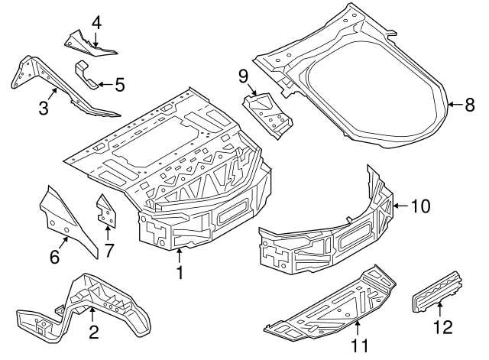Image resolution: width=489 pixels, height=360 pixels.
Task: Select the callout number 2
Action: click(x=93, y=332)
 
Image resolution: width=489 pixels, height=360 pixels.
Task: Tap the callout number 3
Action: click(x=43, y=108)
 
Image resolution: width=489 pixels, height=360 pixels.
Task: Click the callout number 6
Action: click(x=54, y=258)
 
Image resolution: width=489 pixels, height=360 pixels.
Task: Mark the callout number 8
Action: click(x=470, y=105)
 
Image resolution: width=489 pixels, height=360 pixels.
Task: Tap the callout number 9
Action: click(x=244, y=76)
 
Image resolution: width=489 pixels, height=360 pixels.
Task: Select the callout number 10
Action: click(x=420, y=206)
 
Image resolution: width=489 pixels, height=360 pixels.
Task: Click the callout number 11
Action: click(x=358, y=345)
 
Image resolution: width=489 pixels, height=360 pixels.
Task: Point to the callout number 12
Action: click(x=442, y=327)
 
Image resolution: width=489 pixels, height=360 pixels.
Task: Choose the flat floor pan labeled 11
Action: click(x=329, y=306)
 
